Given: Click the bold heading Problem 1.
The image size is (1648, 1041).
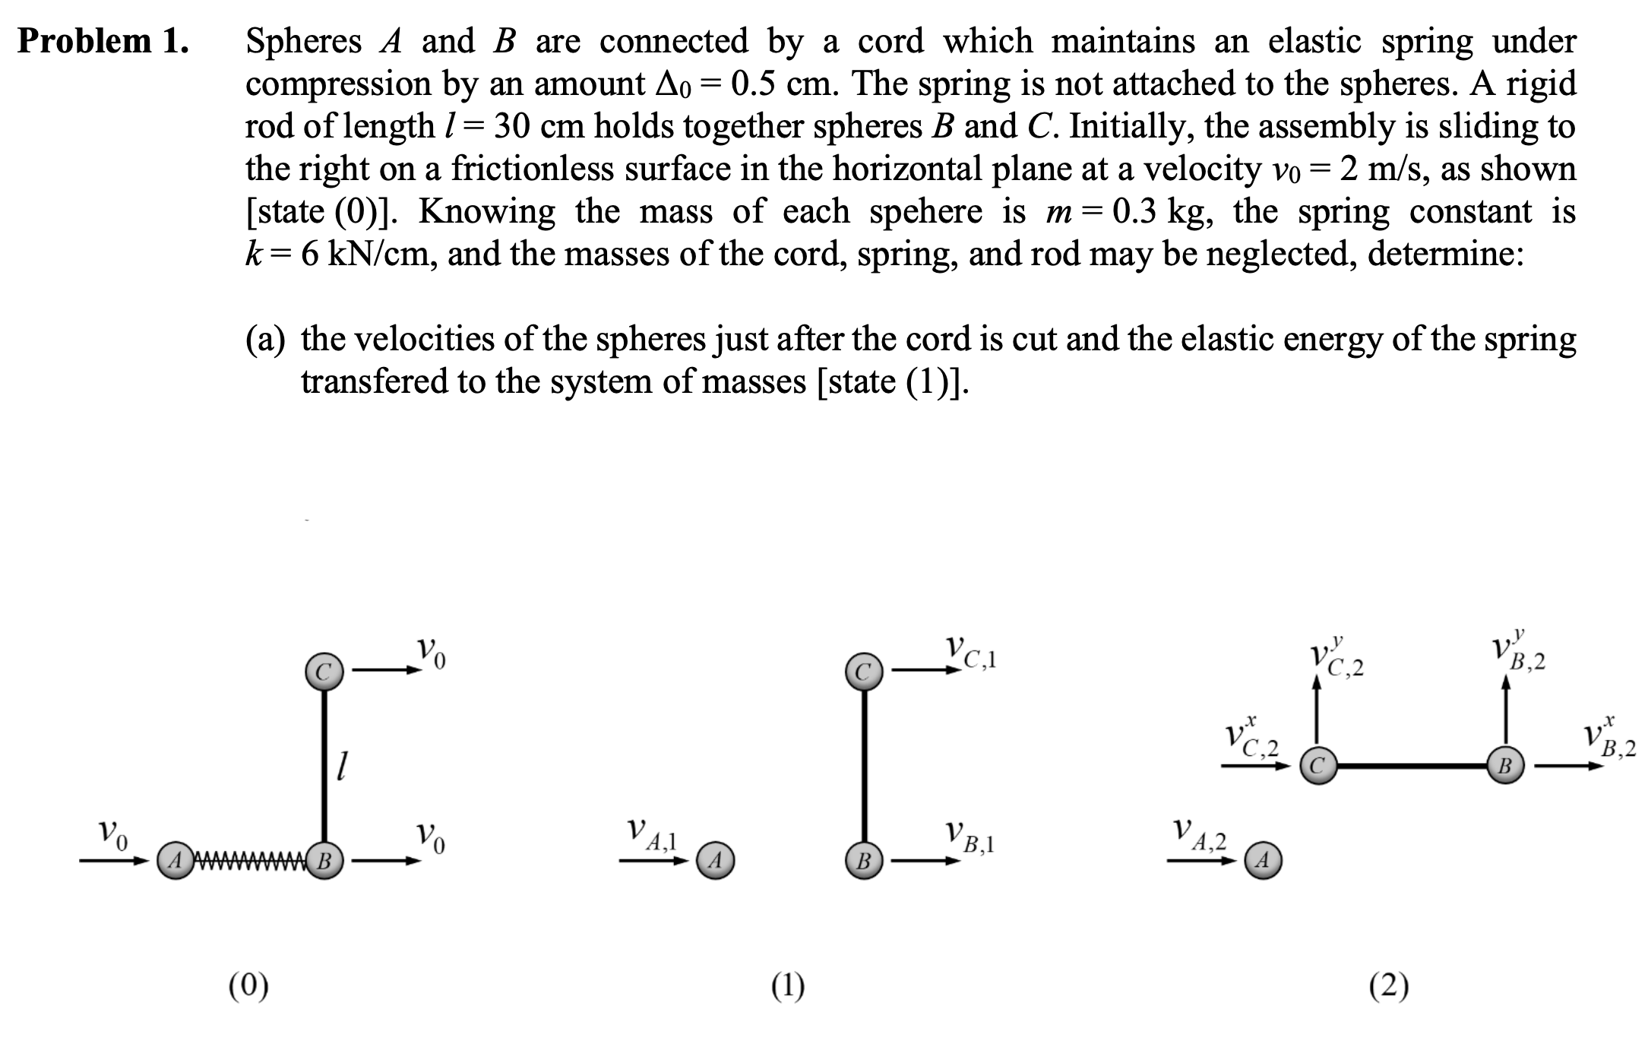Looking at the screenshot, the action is click(103, 41).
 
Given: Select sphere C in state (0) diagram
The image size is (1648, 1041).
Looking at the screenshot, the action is click(324, 672).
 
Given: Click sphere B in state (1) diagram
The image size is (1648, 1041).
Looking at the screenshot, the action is click(863, 862).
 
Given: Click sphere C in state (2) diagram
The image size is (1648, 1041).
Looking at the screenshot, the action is click(1317, 766).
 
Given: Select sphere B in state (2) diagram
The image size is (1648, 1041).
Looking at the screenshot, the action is click(1505, 766).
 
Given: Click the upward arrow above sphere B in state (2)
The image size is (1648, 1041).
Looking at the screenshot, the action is click(1506, 713).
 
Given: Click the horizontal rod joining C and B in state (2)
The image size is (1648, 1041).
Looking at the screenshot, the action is click(1412, 766).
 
